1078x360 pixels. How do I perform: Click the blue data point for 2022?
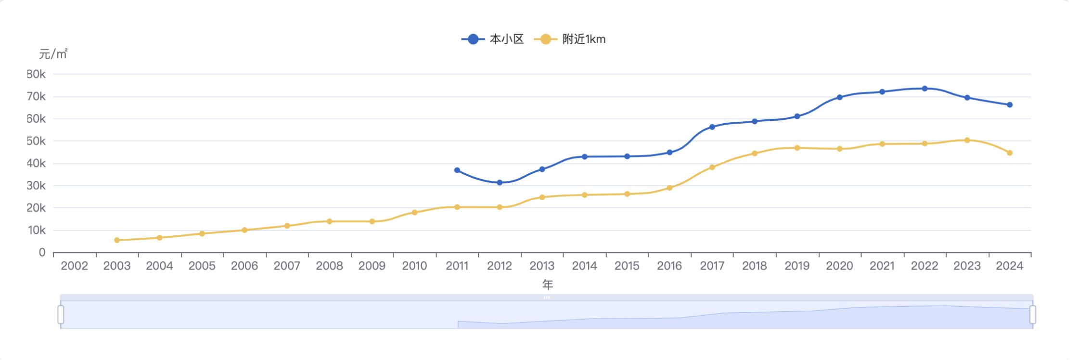(x=924, y=89)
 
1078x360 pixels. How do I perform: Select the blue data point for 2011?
(x=457, y=170)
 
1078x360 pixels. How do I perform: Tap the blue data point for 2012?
(x=500, y=183)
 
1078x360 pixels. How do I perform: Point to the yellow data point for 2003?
(x=117, y=240)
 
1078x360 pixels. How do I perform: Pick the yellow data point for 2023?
(x=967, y=141)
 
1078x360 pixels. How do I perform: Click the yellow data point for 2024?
(x=1010, y=153)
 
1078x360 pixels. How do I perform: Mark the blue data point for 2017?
(x=712, y=127)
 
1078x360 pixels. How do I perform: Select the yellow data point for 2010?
(x=414, y=212)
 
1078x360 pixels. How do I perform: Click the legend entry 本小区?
(x=493, y=39)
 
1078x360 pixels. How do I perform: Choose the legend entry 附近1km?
(x=570, y=39)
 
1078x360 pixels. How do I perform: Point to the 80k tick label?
(x=36, y=74)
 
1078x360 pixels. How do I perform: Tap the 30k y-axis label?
(x=36, y=186)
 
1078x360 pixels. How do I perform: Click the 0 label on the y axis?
(x=42, y=253)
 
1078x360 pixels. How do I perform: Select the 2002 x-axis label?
(x=75, y=266)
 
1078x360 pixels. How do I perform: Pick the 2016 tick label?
(x=669, y=266)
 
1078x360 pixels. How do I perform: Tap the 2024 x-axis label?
(x=1010, y=266)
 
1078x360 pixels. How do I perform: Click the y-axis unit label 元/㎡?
(x=53, y=54)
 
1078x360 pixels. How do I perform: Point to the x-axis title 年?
(x=548, y=285)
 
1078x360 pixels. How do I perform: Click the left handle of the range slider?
(x=61, y=315)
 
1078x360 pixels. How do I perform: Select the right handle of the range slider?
(x=1033, y=315)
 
